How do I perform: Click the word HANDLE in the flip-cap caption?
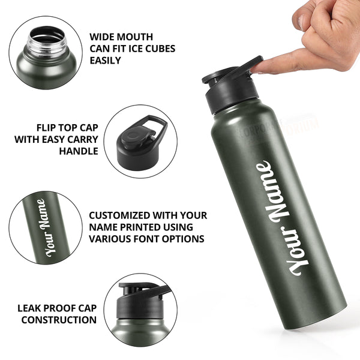click(78, 151)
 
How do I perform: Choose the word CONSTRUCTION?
click(59, 320)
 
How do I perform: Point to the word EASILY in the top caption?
click(105, 61)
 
